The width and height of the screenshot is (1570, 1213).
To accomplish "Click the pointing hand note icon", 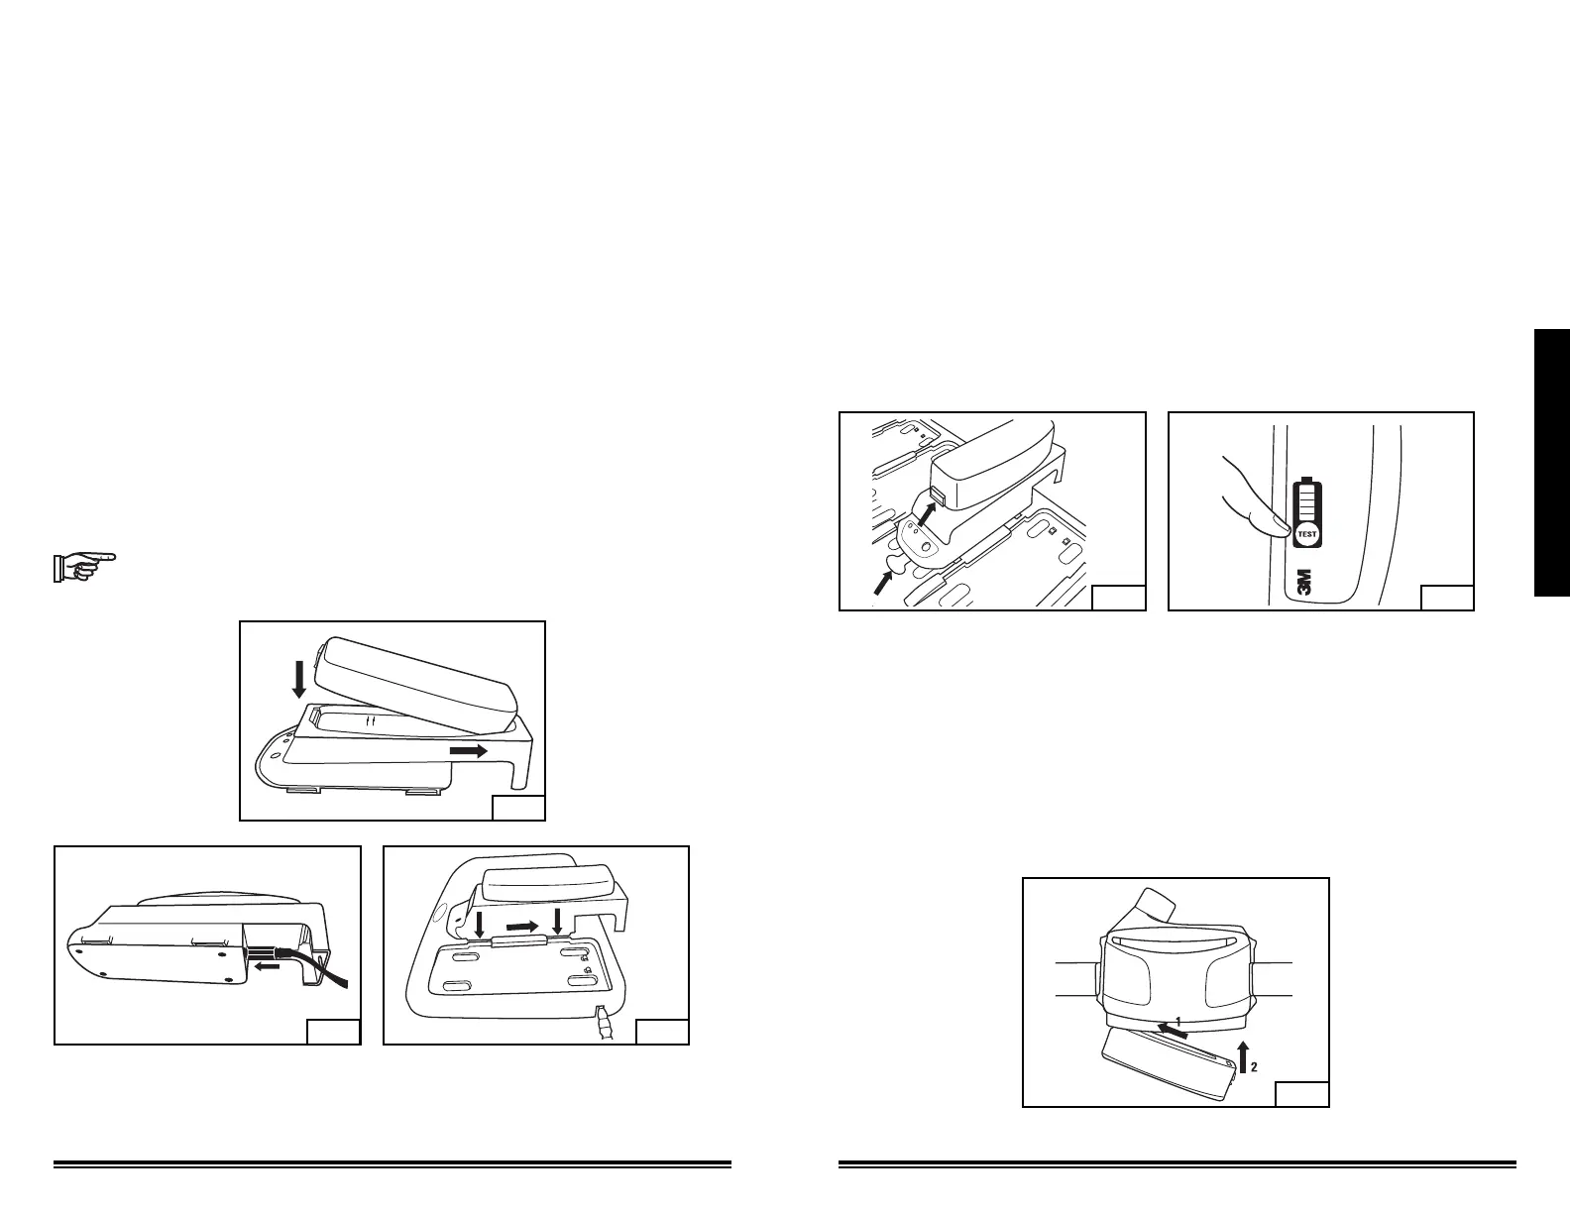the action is click(83, 566).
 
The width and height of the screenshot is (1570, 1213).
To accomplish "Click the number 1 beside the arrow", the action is click(1178, 1020).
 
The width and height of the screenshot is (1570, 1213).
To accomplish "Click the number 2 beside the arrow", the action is click(1254, 1067).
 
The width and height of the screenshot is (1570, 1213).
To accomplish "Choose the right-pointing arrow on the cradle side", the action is click(469, 751).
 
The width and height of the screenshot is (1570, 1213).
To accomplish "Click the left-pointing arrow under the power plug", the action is click(265, 967).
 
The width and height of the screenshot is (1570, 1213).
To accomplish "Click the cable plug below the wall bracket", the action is click(606, 1023).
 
